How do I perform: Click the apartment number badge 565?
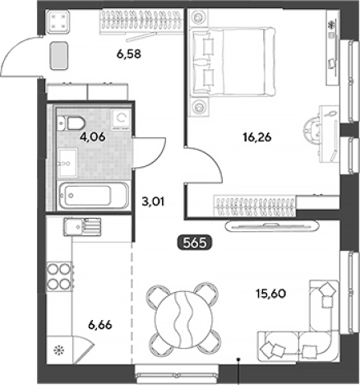click(x=195, y=243)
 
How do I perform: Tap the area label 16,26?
click(x=257, y=137)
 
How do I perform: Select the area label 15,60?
click(x=270, y=294)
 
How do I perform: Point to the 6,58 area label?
click(x=129, y=54)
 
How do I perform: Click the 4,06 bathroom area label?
click(x=92, y=137)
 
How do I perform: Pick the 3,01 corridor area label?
click(x=153, y=202)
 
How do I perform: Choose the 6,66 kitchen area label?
click(x=100, y=325)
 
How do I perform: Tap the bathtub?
click(x=93, y=196)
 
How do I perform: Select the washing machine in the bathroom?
click(x=121, y=119)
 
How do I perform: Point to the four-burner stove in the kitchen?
click(x=59, y=276)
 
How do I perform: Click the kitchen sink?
click(x=82, y=226)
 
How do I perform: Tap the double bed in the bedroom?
click(x=233, y=62)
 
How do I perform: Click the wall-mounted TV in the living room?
click(x=272, y=226)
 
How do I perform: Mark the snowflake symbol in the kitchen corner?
click(x=58, y=350)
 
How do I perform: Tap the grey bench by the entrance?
click(x=58, y=55)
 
